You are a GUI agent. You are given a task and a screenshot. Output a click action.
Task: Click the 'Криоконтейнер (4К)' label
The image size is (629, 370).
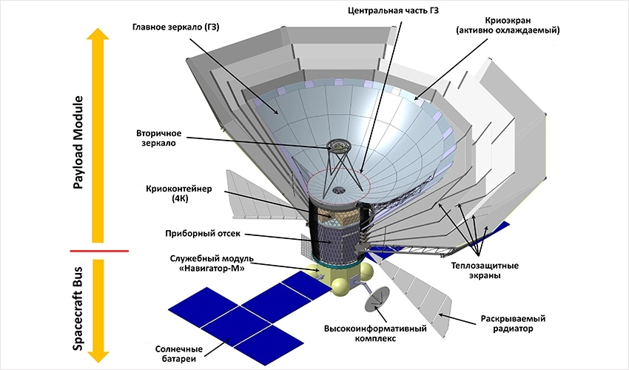point(179,194)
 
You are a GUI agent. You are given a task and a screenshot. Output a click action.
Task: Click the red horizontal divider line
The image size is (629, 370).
point(97,251)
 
